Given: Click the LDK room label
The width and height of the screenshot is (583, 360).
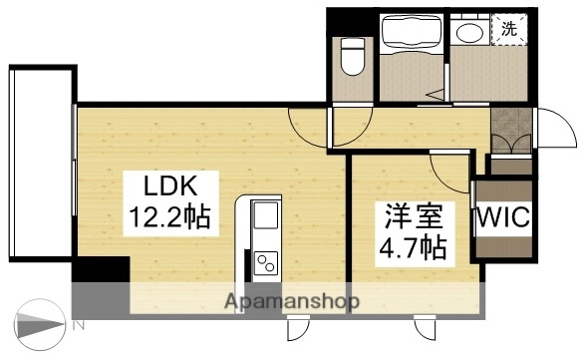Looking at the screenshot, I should coord(165,186).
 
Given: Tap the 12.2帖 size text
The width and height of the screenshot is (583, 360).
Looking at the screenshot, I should coord(167,216).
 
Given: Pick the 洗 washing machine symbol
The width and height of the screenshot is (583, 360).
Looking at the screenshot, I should coord(509,28).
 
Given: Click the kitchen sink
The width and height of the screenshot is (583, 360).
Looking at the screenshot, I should coord(266,216).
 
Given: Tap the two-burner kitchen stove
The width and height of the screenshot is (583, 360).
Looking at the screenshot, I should coord(266,262).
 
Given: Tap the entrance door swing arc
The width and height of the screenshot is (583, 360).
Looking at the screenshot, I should coord(545,130).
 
